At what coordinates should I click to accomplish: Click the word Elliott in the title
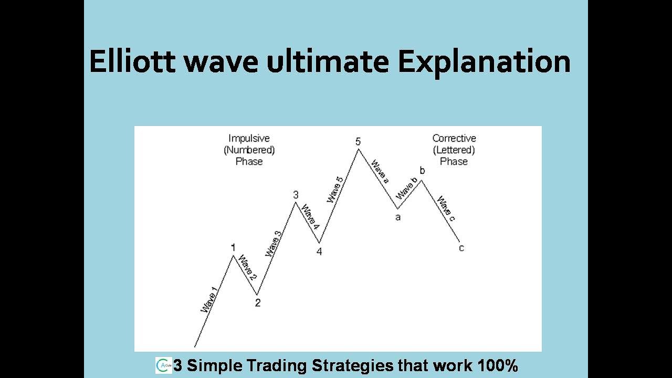(x=133, y=62)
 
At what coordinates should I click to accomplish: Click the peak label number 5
(x=358, y=142)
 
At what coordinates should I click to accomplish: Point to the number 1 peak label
(x=233, y=247)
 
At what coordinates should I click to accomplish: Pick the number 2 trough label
(x=257, y=303)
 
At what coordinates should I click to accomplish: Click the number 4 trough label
(x=319, y=251)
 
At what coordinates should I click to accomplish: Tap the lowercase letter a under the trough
(x=397, y=217)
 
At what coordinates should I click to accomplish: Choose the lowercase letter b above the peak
(x=422, y=171)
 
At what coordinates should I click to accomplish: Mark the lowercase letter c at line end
(x=461, y=248)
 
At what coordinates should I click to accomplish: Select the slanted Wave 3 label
(x=274, y=244)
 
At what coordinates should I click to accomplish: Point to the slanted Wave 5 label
(x=335, y=190)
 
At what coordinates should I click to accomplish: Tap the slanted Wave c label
(x=445, y=206)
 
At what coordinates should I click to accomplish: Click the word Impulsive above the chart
(x=249, y=139)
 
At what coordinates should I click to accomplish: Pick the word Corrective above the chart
(x=454, y=139)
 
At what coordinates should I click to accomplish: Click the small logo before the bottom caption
(x=163, y=365)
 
